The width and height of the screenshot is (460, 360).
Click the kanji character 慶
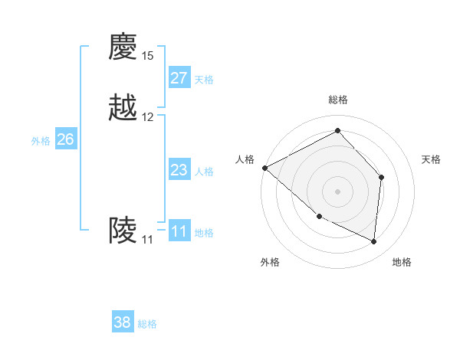(123, 47)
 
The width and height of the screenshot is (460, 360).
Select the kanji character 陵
(123, 230)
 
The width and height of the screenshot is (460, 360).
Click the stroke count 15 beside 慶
(147, 56)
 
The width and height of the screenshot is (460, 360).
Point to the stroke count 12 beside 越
(147, 117)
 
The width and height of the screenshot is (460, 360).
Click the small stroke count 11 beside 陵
(147, 239)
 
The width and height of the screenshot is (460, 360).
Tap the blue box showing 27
(179, 78)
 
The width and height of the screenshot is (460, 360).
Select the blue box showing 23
(179, 170)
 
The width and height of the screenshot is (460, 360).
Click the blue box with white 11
(179, 231)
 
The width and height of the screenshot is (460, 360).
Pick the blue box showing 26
(66, 139)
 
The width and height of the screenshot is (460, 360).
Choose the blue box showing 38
(123, 322)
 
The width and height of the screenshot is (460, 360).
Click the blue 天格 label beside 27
(204, 80)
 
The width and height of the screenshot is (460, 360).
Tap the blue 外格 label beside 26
(41, 141)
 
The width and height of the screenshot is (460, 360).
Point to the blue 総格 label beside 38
(147, 324)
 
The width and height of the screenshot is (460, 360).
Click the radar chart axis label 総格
(338, 100)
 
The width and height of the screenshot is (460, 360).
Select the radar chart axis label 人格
(245, 159)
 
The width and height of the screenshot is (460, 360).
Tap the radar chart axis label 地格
(402, 262)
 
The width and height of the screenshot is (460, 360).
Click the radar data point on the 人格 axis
(264, 168)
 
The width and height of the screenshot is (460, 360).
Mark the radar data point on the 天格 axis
(381, 178)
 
